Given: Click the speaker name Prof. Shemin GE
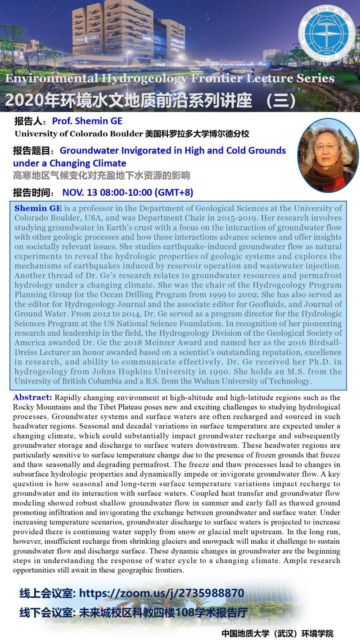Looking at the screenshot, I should [x=87, y=121].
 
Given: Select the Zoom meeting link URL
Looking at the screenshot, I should [x=162, y=593].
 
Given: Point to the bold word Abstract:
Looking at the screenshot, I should [x=33, y=397].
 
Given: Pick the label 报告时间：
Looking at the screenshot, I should [x=35, y=193].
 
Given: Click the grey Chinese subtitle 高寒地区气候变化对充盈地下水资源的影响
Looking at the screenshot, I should [x=101, y=175].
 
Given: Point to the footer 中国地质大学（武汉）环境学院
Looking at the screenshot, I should [x=277, y=633].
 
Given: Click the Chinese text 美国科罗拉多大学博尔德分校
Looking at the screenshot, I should [x=197, y=134].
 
